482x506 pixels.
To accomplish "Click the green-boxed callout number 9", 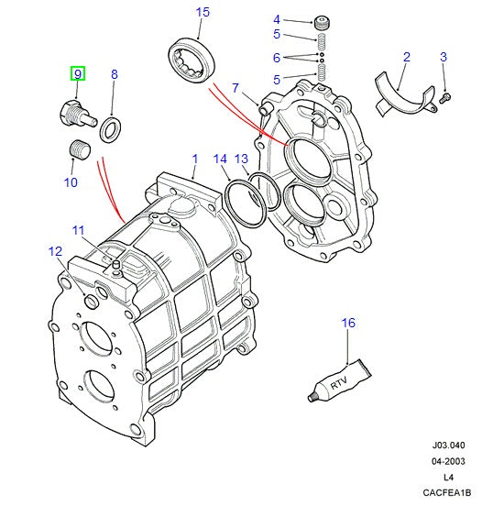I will [x=78, y=73].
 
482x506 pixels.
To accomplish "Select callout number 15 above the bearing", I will [x=203, y=12].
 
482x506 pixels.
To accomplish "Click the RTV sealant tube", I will [x=338, y=381].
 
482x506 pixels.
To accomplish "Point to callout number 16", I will [x=348, y=322].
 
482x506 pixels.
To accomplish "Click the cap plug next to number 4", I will [x=321, y=21].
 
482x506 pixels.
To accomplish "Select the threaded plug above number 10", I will [x=79, y=149].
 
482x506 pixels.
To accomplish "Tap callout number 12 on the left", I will [x=55, y=251].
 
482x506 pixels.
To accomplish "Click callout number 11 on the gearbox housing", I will [x=79, y=230].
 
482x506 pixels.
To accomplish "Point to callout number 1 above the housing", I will [x=194, y=159].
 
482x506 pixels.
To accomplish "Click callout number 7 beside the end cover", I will [x=235, y=88].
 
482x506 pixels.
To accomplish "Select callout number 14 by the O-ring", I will [x=220, y=159].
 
